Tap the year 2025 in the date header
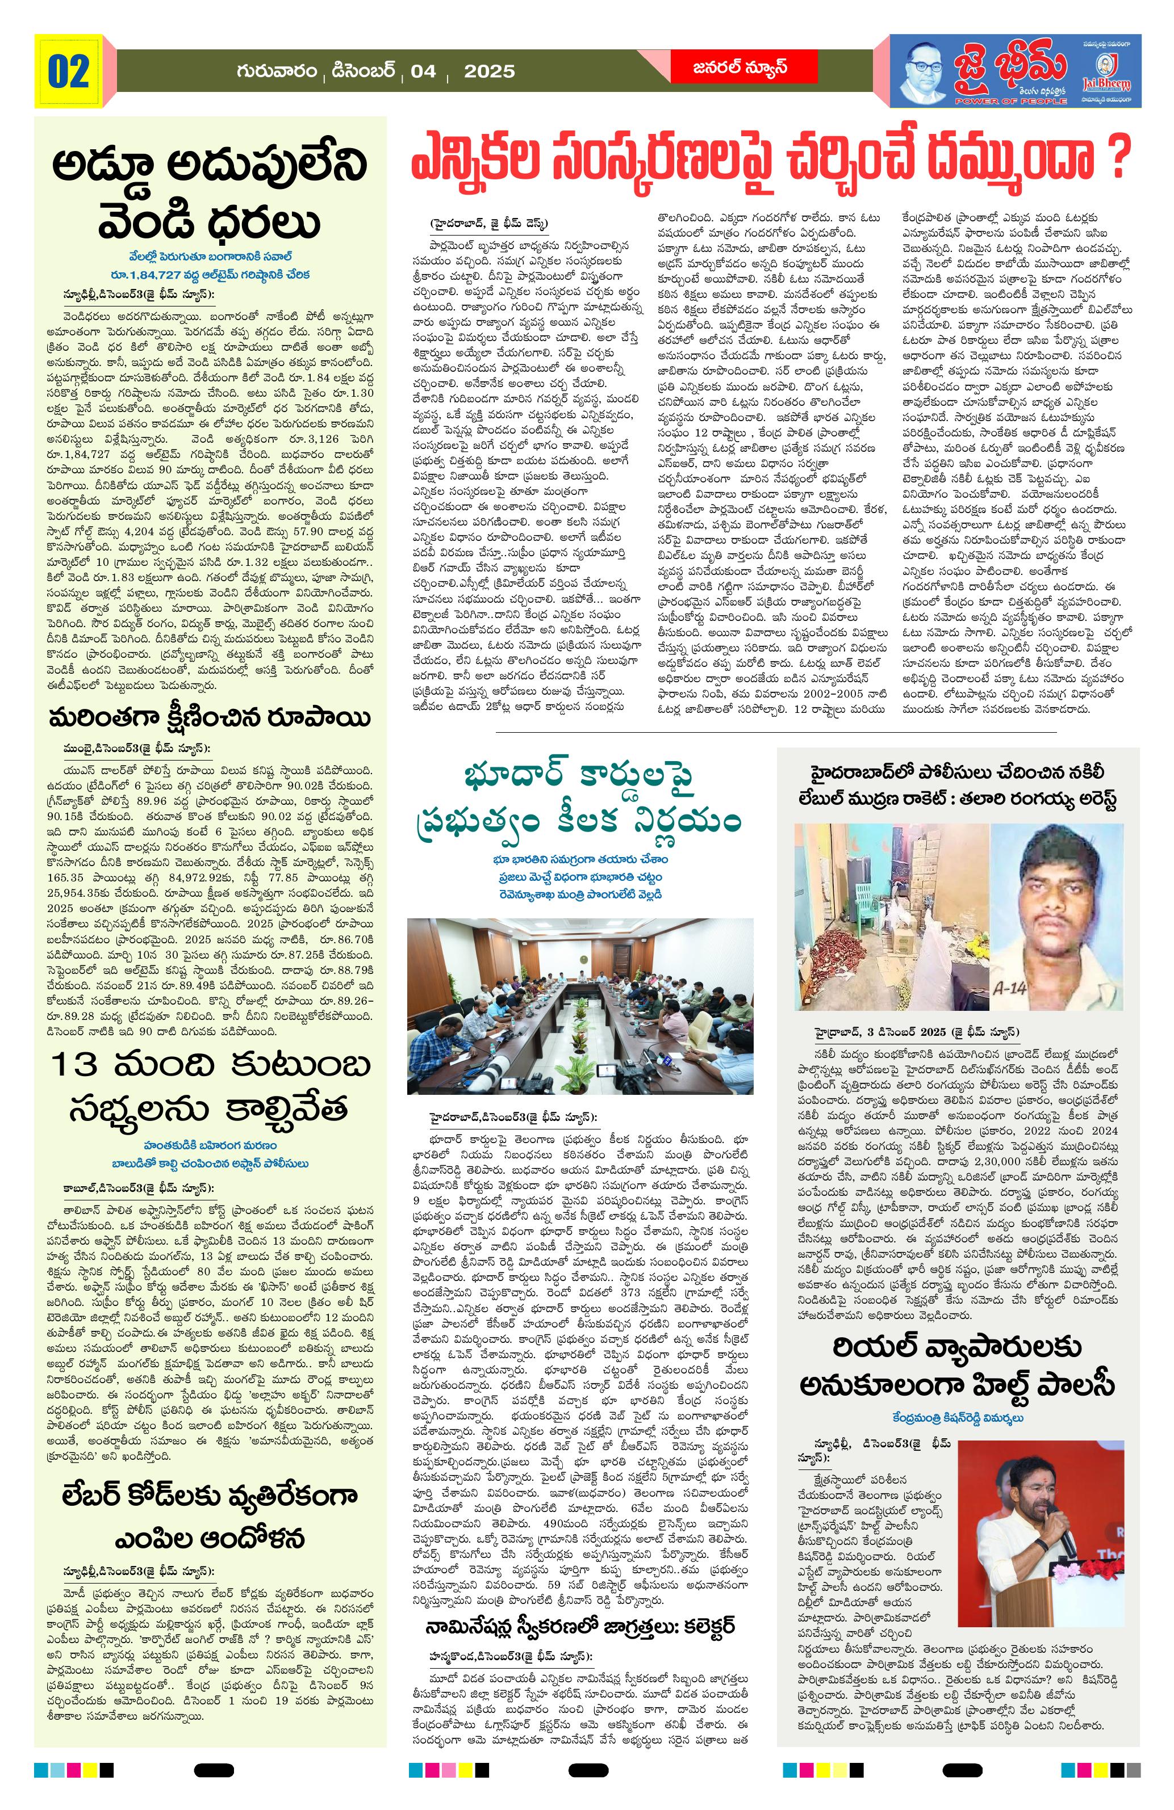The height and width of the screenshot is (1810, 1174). (x=488, y=72)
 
